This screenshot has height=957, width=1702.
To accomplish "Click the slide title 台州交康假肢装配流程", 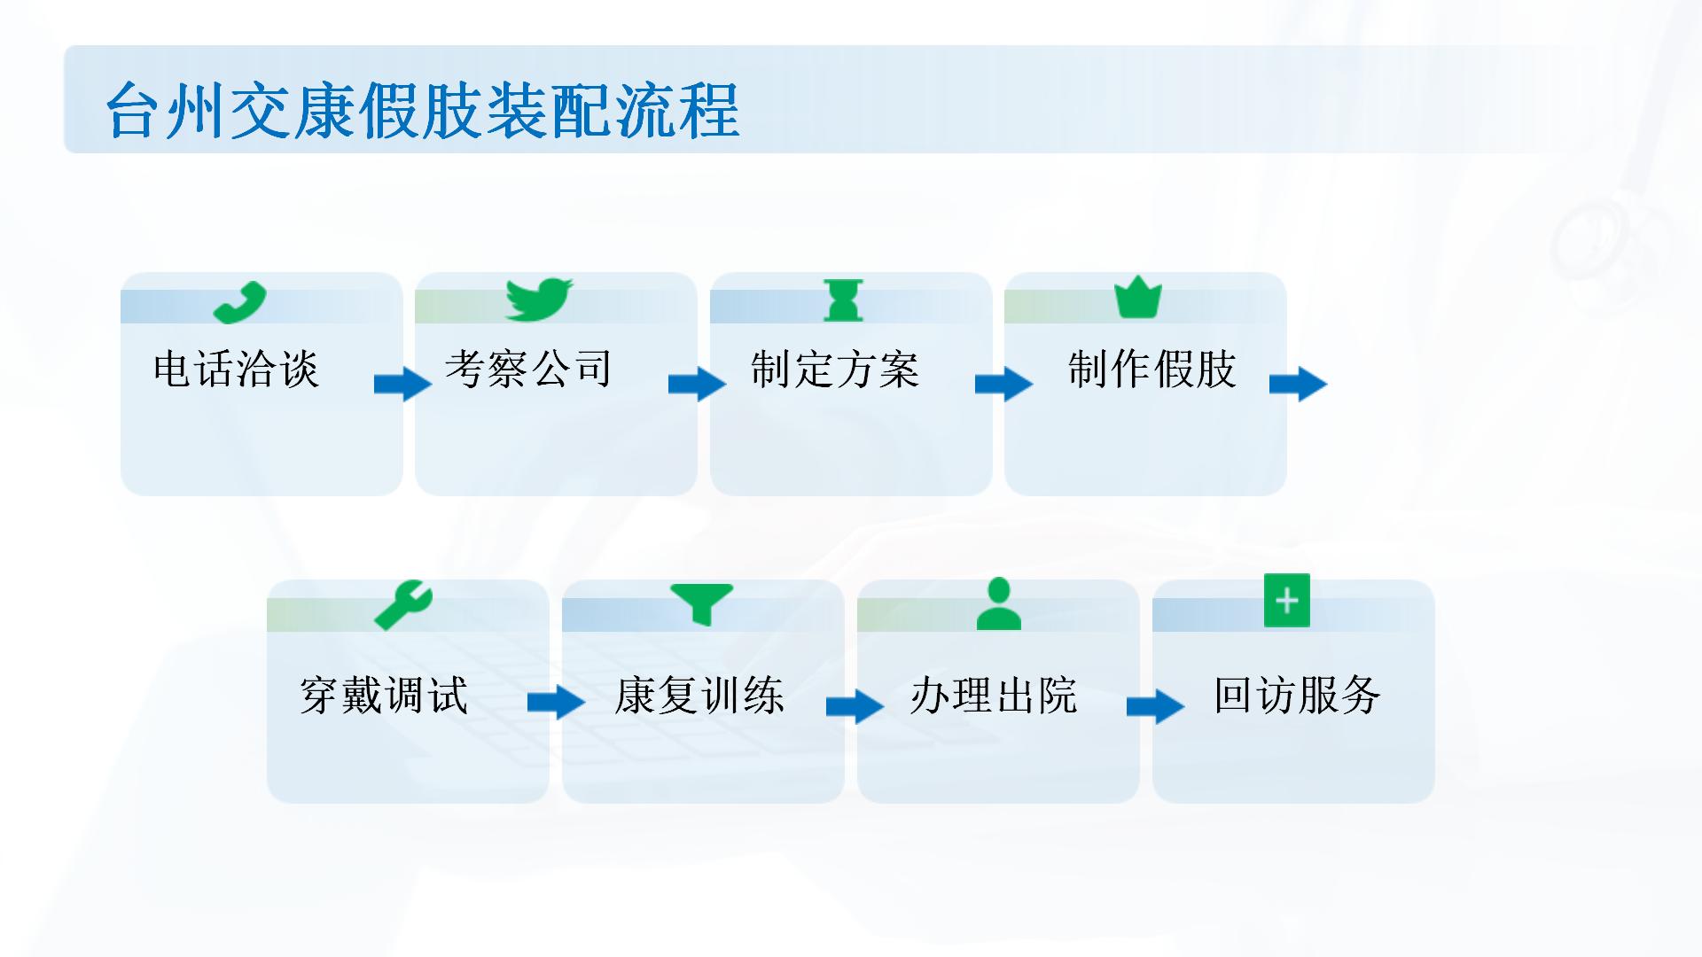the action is click(423, 111).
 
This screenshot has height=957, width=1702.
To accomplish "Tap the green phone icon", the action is click(240, 303).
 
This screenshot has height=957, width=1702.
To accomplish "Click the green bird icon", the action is click(539, 300).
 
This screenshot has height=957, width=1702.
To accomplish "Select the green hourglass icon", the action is click(843, 300).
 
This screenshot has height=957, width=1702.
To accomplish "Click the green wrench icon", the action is click(403, 605).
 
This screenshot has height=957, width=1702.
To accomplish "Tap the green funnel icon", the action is click(702, 604).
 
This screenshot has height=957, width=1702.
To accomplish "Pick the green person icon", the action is click(999, 603).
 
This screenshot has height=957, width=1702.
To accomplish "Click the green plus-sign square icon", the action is click(1287, 601).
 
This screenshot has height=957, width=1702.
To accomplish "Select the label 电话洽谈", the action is click(236, 369).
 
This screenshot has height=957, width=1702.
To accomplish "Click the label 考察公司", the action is click(528, 369).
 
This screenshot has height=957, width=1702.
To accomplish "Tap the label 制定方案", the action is click(835, 369).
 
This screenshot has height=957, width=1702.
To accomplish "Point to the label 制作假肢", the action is click(1152, 369).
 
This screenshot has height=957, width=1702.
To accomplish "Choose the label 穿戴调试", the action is click(384, 695).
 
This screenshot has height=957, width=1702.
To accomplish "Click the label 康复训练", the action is click(699, 695).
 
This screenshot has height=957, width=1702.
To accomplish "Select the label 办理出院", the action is click(994, 695).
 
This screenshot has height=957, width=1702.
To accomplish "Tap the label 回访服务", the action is click(1297, 695).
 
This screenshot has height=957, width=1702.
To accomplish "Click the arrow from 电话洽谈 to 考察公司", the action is click(403, 385).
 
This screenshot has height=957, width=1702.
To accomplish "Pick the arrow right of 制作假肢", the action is click(1299, 385).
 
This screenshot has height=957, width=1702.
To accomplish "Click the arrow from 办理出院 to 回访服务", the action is click(1156, 706).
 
